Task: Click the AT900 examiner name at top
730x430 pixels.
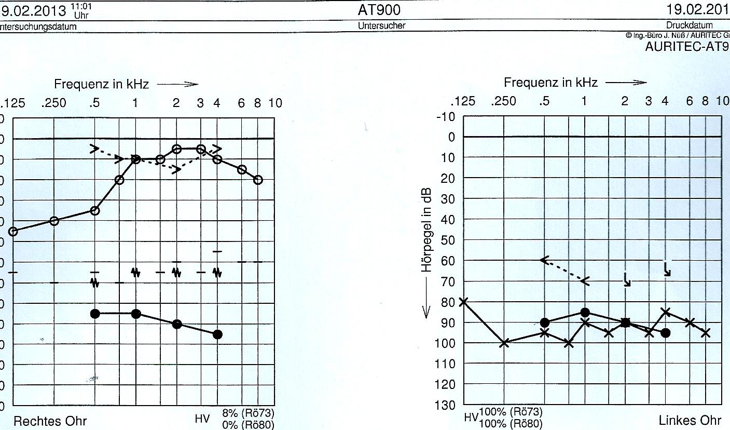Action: (x=379, y=10)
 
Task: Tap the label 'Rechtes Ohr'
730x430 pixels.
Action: (x=50, y=421)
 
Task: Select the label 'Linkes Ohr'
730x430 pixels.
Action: (x=690, y=420)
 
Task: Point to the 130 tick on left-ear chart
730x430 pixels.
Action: (x=445, y=405)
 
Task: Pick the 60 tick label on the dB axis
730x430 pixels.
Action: (x=447, y=260)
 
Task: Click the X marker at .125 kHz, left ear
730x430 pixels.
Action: (x=463, y=301)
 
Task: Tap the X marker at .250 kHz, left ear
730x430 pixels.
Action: (x=504, y=343)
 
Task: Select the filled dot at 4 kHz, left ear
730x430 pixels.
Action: (x=666, y=332)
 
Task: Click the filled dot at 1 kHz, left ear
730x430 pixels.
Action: (x=585, y=312)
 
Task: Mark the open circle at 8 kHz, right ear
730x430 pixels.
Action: (x=258, y=180)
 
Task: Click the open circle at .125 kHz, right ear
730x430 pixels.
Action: (x=13, y=231)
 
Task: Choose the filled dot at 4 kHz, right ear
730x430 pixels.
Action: (x=217, y=334)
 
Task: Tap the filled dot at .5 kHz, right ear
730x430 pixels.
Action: (x=95, y=313)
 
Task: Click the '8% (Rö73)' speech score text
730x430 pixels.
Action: (x=248, y=413)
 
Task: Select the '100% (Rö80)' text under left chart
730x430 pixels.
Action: (x=511, y=423)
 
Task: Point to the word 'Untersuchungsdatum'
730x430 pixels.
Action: (x=38, y=26)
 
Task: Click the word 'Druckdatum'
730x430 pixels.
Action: (x=690, y=25)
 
